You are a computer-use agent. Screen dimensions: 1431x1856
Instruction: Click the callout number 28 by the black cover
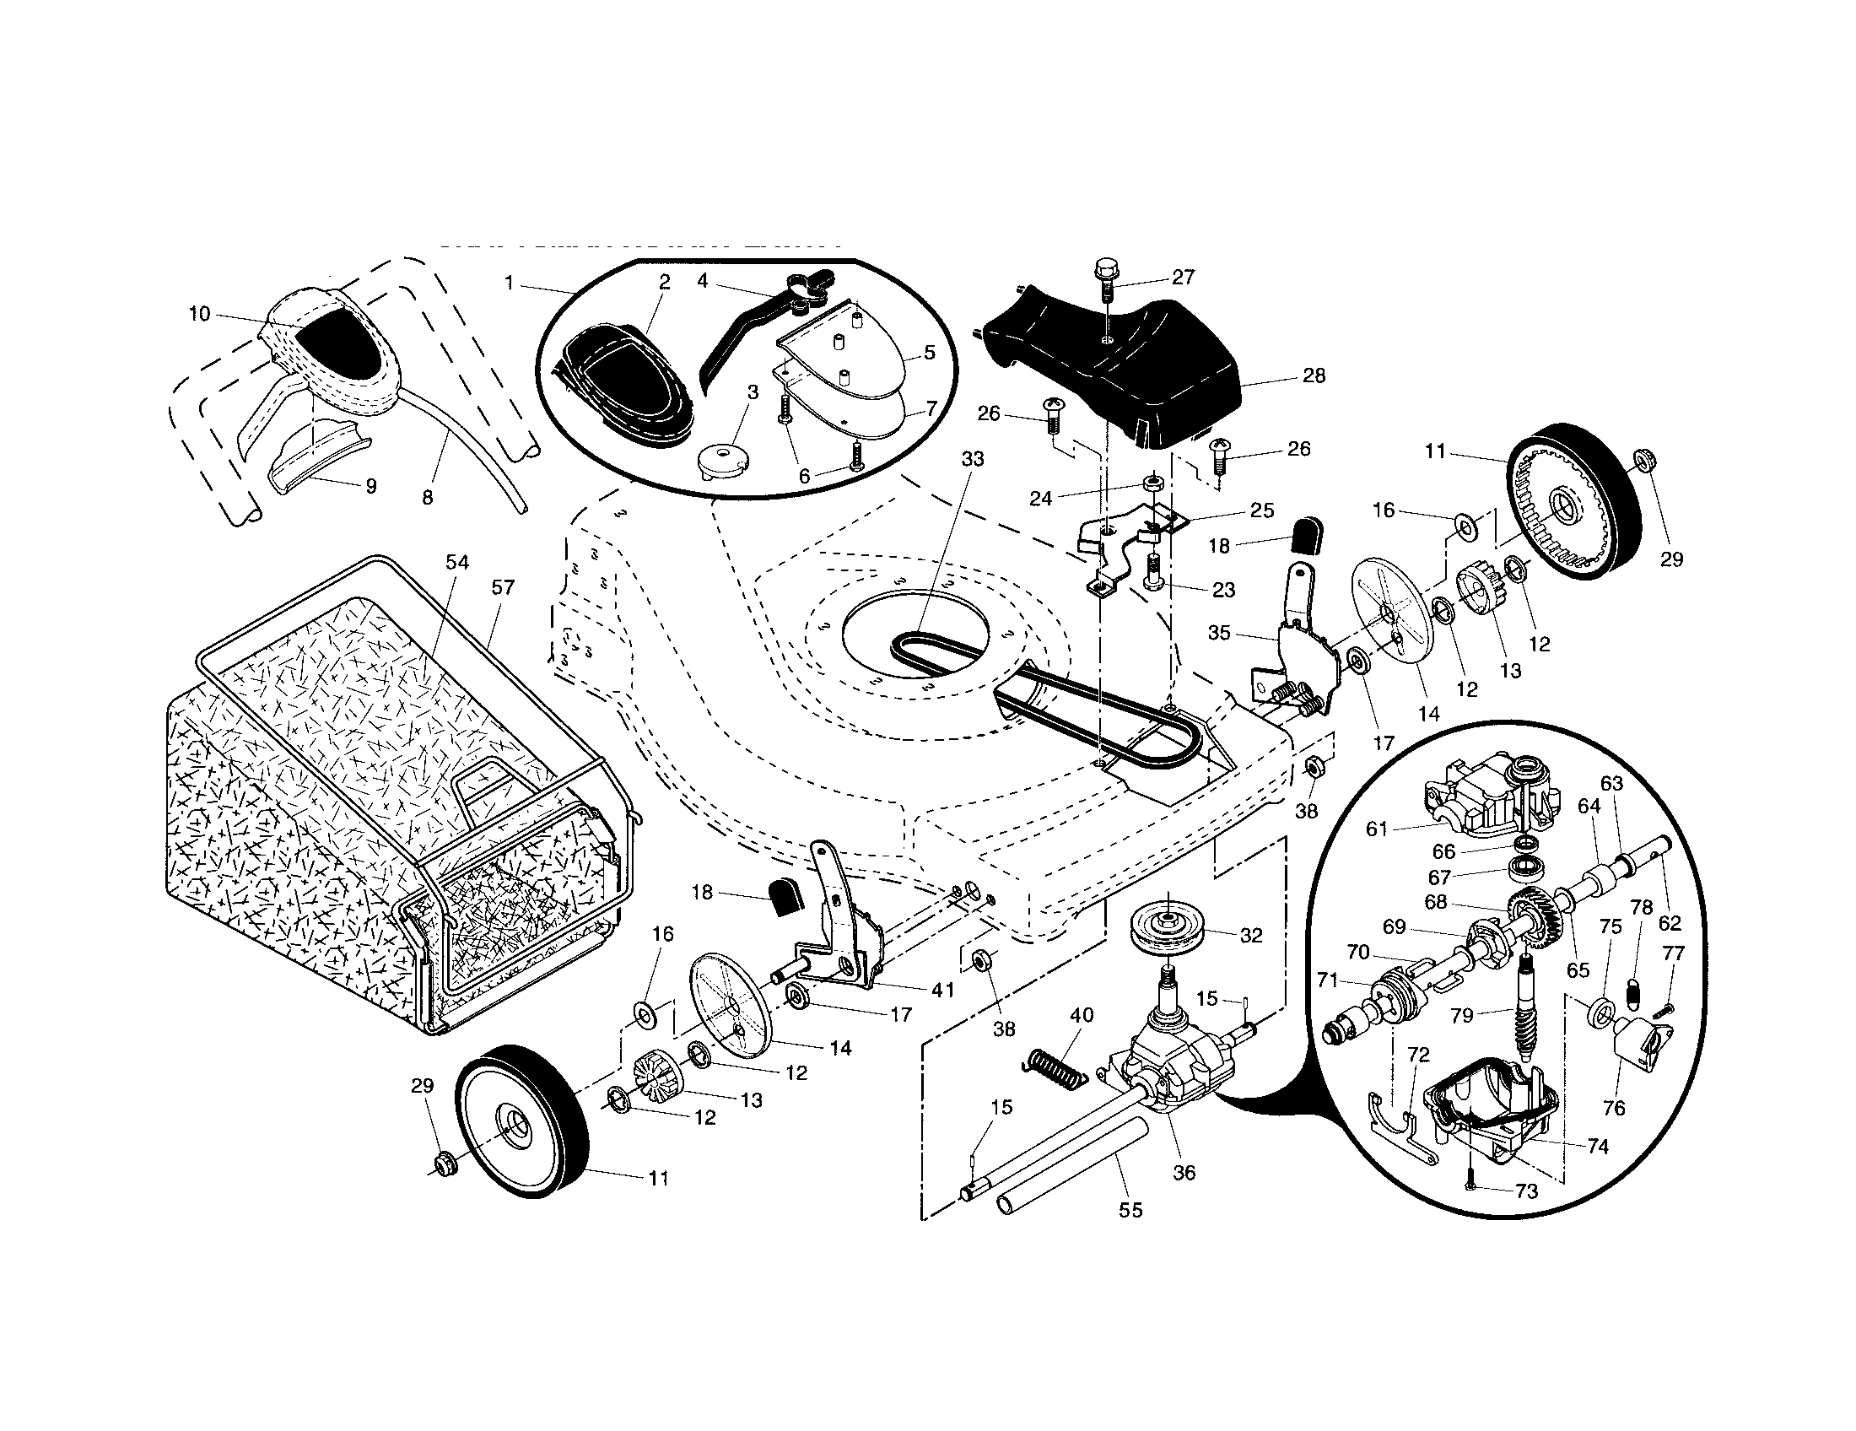coord(1314,375)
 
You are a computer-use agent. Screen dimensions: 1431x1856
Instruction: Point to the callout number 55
coord(1130,1210)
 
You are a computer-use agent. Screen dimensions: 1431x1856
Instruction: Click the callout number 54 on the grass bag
coord(457,563)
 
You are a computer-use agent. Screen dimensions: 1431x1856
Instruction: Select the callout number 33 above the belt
coord(972,459)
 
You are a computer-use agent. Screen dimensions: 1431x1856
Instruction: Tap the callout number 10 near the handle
coord(199,315)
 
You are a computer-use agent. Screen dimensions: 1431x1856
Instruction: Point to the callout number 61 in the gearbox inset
coord(1377,829)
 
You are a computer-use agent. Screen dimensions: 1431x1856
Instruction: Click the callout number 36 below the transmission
coord(1184,1173)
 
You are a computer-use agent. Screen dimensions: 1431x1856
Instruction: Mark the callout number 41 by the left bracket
coord(943,989)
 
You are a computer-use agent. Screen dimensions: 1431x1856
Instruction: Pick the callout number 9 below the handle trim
coord(370,486)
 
